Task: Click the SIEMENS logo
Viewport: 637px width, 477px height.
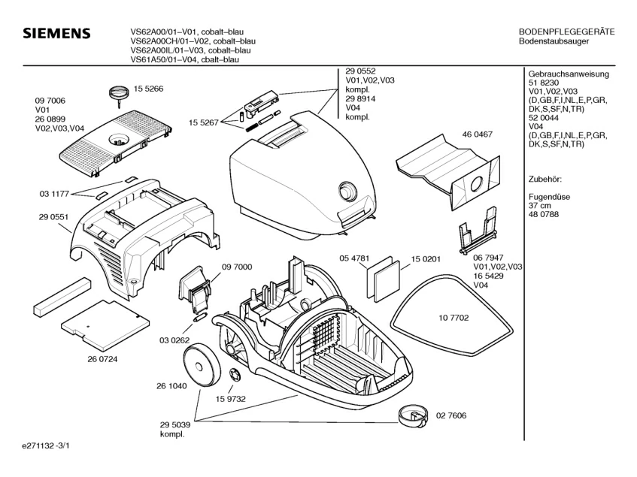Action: click(56, 35)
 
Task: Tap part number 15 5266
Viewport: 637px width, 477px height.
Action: click(149, 89)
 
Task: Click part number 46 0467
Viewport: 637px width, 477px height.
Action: click(477, 134)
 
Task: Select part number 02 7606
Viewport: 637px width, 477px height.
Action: click(451, 415)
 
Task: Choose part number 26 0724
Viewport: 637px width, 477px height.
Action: click(103, 358)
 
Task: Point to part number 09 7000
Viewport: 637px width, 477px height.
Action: click(236, 267)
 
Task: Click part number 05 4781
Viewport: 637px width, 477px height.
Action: click(354, 258)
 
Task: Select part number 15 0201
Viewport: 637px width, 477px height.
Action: click(426, 259)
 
